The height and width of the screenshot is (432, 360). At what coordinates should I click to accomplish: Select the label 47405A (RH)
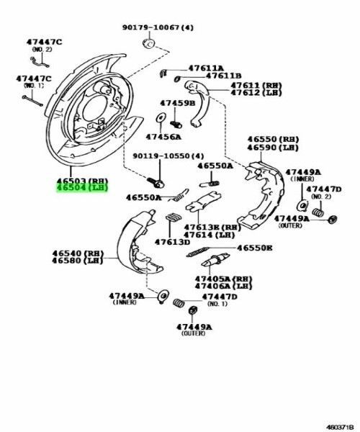[x=225, y=278]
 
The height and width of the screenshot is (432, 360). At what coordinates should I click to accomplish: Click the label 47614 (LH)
[x=210, y=235]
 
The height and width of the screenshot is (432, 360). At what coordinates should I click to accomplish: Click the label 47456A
[x=163, y=136]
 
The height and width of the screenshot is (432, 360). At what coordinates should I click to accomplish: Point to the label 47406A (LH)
[x=225, y=286]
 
